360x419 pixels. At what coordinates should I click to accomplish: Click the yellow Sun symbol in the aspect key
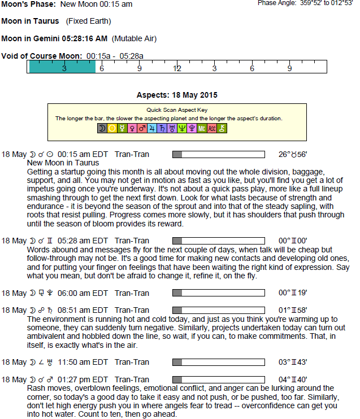112,129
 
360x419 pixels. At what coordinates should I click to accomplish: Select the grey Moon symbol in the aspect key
102,129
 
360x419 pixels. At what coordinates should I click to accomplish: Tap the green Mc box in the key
202,129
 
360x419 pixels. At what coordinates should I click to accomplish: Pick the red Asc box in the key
212,129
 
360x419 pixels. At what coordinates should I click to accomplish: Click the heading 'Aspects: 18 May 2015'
177,95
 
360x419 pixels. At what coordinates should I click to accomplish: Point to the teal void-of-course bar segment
62,67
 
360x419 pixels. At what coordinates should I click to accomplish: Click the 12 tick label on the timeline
177,68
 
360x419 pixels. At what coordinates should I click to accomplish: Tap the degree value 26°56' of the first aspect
293,154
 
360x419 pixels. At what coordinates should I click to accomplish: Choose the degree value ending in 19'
293,293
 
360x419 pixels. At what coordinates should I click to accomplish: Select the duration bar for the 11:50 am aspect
218,362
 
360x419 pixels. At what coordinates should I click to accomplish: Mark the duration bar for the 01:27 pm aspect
218,379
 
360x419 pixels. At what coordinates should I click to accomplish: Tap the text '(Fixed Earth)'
88,21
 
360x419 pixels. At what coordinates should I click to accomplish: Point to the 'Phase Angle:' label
276,3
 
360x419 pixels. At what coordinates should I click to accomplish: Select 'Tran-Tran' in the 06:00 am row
132,293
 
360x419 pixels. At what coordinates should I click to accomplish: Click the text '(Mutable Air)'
134,39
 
